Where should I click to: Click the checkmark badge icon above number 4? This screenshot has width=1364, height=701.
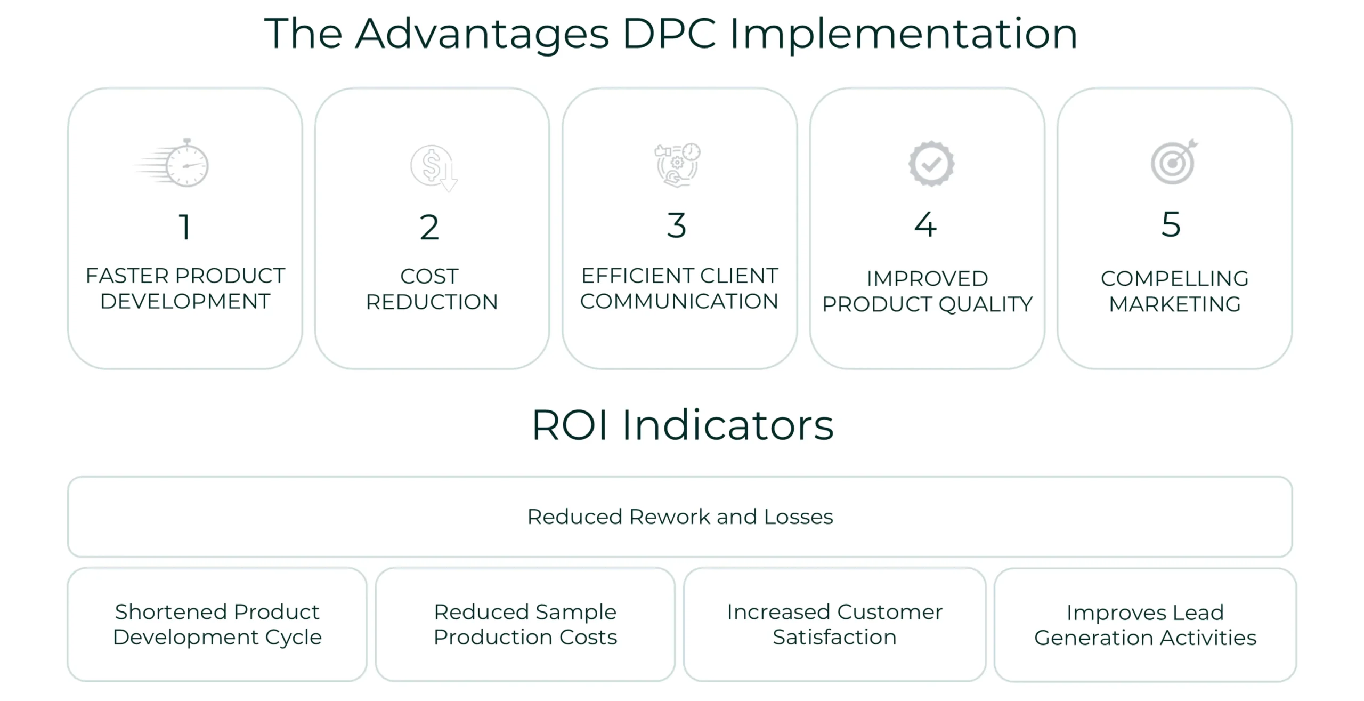click(931, 164)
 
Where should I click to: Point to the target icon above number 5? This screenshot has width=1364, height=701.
click(1174, 162)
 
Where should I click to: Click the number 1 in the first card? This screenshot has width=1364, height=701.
click(184, 227)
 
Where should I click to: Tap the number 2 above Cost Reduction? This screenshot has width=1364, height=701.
click(429, 227)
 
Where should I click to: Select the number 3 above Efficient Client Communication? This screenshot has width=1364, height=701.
click(677, 225)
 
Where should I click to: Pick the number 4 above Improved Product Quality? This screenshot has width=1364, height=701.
click(925, 224)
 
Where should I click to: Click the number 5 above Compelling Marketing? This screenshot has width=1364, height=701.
click(1171, 224)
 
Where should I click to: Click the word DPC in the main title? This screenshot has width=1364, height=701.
click(669, 34)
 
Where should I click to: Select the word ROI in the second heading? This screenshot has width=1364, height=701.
click(570, 425)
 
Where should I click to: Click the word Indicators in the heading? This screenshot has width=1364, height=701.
click(728, 425)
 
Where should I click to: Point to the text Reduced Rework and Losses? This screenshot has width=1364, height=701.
click(680, 517)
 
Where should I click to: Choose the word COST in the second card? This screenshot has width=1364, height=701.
click(429, 276)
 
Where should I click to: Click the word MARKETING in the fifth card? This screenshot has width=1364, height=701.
click(1175, 304)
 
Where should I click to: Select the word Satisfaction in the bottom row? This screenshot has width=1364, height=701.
click(834, 637)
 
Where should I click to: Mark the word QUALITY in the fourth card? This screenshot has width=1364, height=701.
click(985, 304)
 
